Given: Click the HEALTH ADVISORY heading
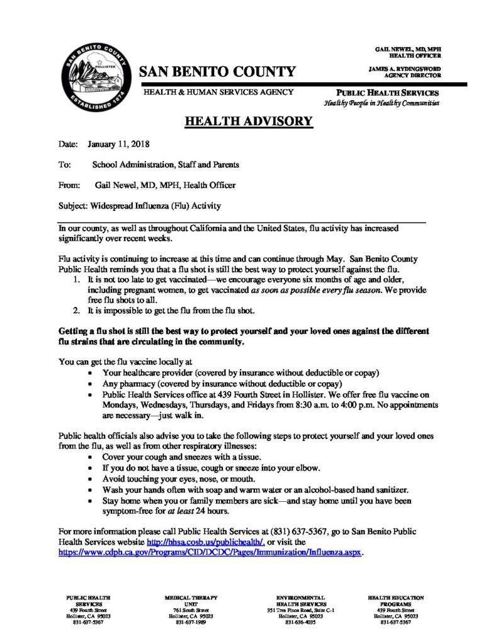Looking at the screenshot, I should pyautogui.click(x=249, y=121).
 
